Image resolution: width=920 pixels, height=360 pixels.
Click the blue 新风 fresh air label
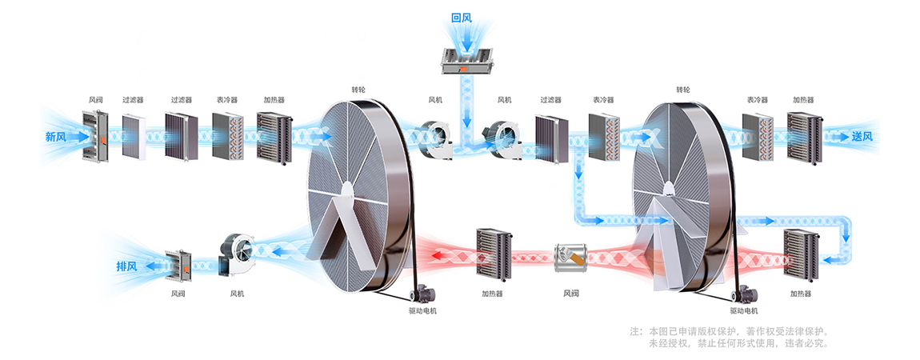click(x=55, y=137)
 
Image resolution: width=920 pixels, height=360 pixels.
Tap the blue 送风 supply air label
click(x=862, y=137)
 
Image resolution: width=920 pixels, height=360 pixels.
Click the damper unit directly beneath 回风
click(x=462, y=60)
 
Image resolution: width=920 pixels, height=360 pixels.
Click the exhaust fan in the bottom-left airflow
click(x=237, y=256)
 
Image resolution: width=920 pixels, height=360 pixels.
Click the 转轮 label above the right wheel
click(x=682, y=90)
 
